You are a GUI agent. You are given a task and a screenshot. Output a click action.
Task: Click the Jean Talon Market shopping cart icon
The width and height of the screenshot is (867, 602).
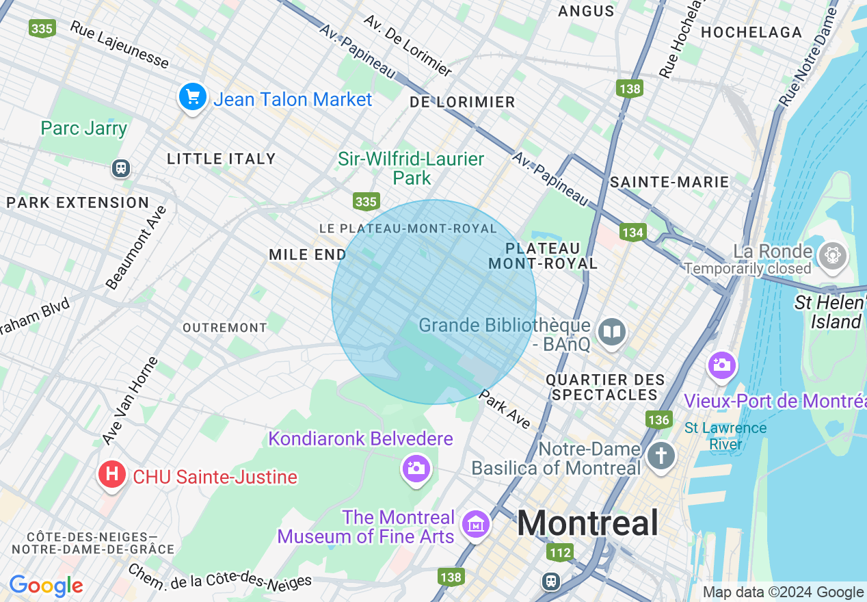point(193,97)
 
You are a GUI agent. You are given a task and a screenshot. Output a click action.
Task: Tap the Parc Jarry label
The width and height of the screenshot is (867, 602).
point(84,129)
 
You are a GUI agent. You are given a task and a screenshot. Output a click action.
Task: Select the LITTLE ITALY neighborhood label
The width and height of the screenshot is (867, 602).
point(222,159)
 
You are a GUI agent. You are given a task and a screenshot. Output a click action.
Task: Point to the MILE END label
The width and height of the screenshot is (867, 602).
point(308,254)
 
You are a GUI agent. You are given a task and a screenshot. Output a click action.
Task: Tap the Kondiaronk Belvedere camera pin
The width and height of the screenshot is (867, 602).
point(416,469)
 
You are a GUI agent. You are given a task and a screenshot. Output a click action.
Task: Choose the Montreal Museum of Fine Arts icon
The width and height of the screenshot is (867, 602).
point(475,525)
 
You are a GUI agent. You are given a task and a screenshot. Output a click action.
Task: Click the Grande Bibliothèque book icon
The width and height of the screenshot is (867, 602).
point(611,333)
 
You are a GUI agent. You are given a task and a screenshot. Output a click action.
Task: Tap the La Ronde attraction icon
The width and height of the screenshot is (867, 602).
point(832,255)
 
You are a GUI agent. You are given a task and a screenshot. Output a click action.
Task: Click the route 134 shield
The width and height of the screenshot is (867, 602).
point(633,233)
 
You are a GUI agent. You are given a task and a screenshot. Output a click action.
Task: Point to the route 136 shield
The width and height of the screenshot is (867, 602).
point(658,419)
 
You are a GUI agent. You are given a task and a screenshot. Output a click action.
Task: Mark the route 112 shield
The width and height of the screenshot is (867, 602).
point(559,551)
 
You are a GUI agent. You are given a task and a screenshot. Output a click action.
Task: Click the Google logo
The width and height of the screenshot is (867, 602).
point(46,586)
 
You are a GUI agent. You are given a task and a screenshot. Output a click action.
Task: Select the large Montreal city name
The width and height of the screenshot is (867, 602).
point(587,523)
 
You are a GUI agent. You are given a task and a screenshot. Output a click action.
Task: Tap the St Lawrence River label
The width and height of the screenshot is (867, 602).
point(725,436)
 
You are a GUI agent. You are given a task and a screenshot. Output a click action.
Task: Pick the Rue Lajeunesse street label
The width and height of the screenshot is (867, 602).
point(120,45)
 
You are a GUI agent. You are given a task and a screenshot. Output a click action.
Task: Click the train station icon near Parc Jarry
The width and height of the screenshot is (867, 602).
point(121,168)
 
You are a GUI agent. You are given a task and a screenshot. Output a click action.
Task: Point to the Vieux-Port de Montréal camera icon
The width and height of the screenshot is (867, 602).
point(721,365)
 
